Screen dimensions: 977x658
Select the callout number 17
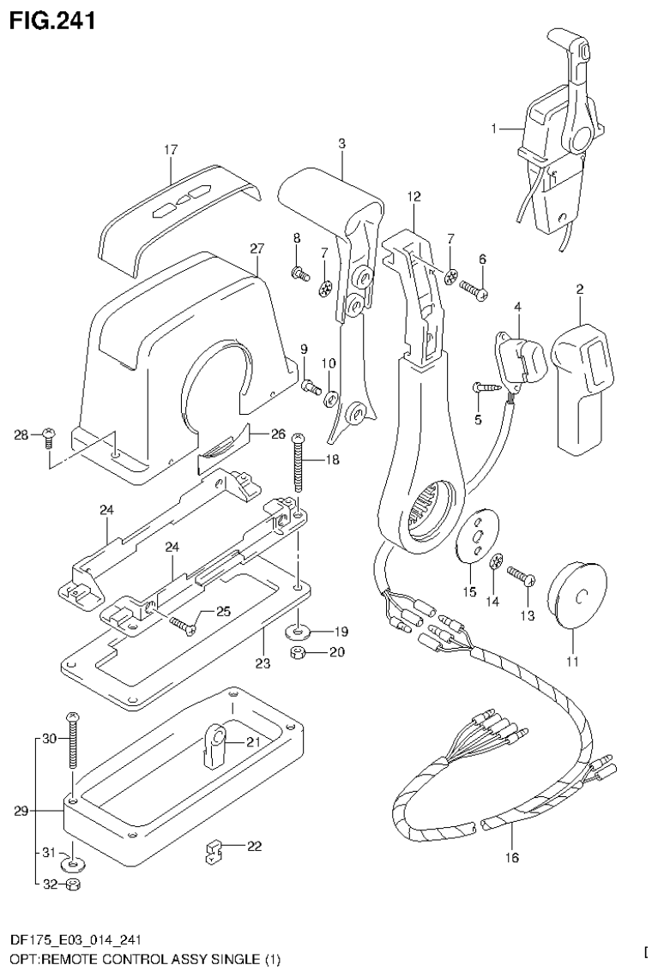tap(170, 150)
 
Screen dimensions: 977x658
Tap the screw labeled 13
tap(520, 576)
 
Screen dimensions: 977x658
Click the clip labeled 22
tap(213, 852)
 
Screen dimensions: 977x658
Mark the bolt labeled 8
tap(299, 273)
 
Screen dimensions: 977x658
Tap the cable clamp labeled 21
tap(213, 742)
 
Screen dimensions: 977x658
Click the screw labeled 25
tap(183, 624)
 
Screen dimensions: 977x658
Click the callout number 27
tap(254, 249)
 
